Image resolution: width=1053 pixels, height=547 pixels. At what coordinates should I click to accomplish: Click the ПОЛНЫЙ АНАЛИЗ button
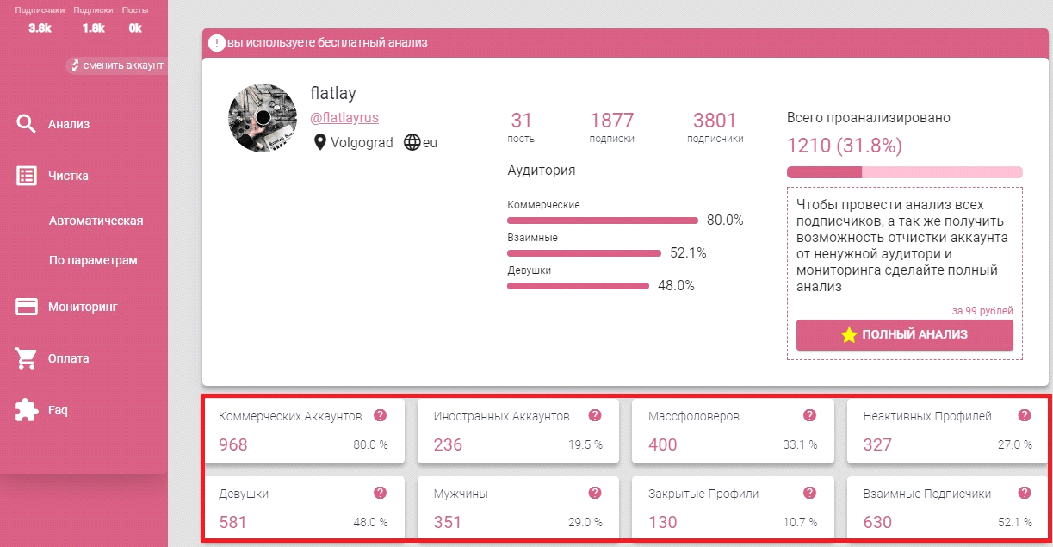click(904, 335)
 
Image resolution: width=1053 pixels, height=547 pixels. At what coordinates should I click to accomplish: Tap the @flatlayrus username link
click(344, 118)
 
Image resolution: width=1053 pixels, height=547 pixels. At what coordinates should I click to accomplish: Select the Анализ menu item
click(69, 124)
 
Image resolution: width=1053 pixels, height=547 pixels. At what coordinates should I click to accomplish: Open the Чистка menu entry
click(68, 176)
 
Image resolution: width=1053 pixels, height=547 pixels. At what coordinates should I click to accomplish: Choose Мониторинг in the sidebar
click(82, 307)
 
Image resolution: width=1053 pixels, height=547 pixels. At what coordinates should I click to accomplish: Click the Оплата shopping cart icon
click(27, 358)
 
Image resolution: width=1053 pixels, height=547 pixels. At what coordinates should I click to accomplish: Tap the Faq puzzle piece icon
click(27, 410)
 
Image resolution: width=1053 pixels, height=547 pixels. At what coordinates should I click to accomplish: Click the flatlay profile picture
click(263, 118)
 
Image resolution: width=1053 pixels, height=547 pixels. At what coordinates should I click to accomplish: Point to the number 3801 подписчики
click(715, 121)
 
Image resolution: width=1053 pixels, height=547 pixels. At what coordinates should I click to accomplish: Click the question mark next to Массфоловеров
click(809, 415)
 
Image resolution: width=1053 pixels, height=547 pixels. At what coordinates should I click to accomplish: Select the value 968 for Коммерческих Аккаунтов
click(233, 444)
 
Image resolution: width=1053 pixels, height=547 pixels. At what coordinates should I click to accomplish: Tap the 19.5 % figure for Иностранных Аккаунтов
click(585, 445)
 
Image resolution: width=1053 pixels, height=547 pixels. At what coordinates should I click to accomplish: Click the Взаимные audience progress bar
click(585, 253)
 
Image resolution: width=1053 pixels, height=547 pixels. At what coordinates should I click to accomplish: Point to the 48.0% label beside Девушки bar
click(676, 286)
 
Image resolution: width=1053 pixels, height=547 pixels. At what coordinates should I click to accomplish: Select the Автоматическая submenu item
click(96, 221)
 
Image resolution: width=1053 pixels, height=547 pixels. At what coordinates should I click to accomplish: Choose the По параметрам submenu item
click(93, 260)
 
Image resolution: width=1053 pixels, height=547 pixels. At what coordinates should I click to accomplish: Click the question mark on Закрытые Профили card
click(809, 493)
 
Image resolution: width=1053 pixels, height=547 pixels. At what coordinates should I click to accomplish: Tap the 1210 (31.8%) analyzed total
click(845, 146)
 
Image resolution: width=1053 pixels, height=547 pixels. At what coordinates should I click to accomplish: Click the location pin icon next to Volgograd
click(320, 143)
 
